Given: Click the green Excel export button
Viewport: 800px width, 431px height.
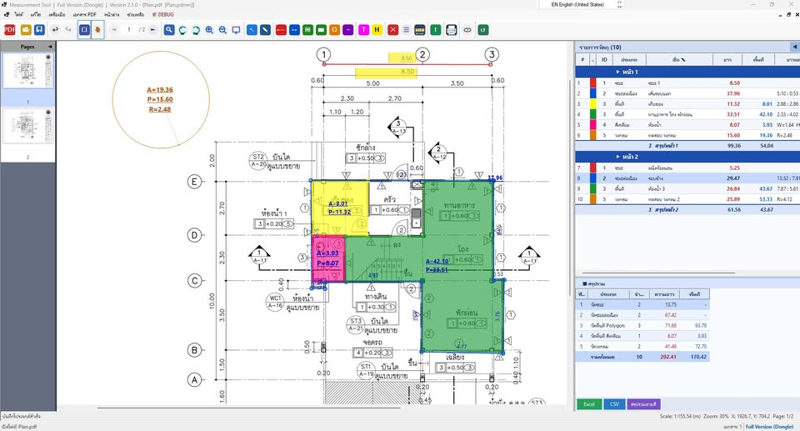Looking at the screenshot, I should [x=588, y=404].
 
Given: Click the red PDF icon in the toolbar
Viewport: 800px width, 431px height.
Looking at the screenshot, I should [x=10, y=30].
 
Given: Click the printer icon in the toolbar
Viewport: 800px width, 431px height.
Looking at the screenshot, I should [x=451, y=30].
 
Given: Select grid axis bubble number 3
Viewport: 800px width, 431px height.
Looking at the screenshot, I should [x=492, y=55].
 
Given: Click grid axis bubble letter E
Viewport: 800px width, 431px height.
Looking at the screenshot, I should [x=195, y=181].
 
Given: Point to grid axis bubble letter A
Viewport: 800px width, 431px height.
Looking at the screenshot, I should [x=195, y=379].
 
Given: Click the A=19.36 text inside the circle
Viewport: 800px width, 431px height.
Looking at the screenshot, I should [x=159, y=90].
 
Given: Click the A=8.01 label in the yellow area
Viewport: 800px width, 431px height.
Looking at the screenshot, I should [x=337, y=203].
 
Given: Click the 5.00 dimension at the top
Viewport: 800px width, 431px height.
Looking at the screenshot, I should [x=372, y=83].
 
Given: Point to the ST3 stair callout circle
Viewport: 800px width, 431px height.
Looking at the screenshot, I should [x=356, y=321].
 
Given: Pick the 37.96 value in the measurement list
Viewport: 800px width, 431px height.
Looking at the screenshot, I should [x=734, y=93].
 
